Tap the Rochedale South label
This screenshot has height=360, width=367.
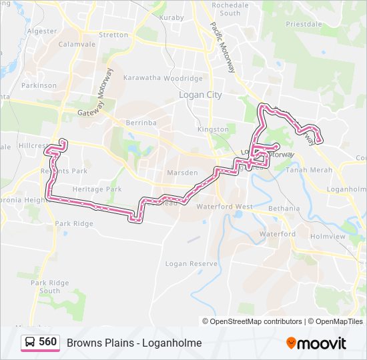(x=230, y=9)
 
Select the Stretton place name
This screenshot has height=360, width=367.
(x=113, y=35)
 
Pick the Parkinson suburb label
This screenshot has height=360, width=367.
(x=39, y=85)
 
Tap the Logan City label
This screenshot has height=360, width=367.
(x=200, y=95)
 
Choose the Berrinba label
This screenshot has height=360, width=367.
(x=140, y=123)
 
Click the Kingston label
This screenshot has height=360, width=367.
(x=213, y=129)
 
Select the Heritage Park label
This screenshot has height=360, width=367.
(x=97, y=189)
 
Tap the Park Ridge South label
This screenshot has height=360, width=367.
(x=49, y=287)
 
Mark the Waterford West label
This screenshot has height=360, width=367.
(x=224, y=207)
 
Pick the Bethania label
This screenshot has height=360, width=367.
(x=284, y=209)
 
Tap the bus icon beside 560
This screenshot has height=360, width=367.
(x=30, y=343)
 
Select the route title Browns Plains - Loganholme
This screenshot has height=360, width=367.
(x=134, y=343)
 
